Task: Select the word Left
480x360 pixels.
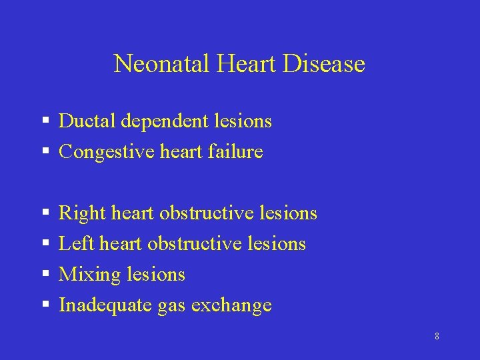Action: tap(76, 244)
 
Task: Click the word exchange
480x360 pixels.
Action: tap(231, 305)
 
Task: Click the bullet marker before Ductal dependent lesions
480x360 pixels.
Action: tap(46, 121)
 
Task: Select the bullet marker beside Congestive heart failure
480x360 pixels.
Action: tap(46, 152)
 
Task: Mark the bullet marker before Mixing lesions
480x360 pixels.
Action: tap(46, 274)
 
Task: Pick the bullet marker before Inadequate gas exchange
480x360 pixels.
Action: tap(46, 305)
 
